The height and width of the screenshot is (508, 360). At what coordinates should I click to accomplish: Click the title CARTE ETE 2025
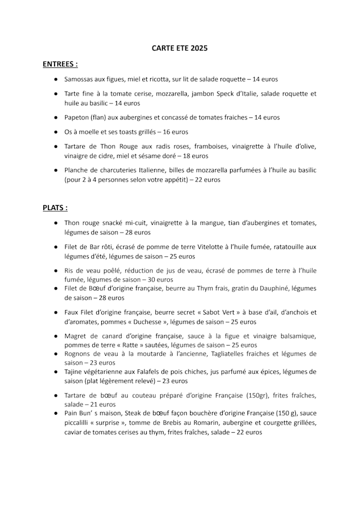(x=179, y=49)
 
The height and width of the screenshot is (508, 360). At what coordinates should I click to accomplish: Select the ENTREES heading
(x=60, y=65)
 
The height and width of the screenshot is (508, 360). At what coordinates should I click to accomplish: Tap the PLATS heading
(x=55, y=207)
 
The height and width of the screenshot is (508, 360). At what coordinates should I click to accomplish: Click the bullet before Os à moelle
(x=56, y=133)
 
